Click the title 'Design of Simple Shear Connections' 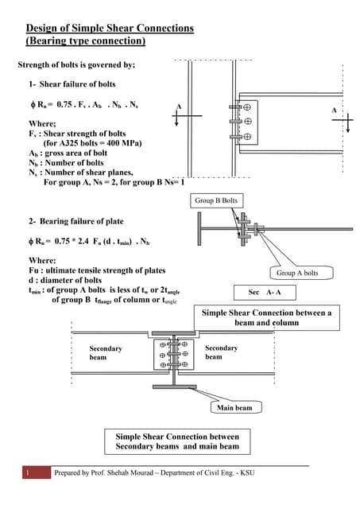pos(109,29)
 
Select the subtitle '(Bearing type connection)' pos(86,41)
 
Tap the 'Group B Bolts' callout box pos(215,201)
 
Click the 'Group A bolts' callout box pos(297,273)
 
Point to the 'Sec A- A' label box pos(265,292)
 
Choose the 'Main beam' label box pos(234,408)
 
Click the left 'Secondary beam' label pos(106,353)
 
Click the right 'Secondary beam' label pos(221,352)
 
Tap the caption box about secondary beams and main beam pos(172,441)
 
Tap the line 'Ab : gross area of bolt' pos(70,153)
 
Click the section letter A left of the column pos(179,107)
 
